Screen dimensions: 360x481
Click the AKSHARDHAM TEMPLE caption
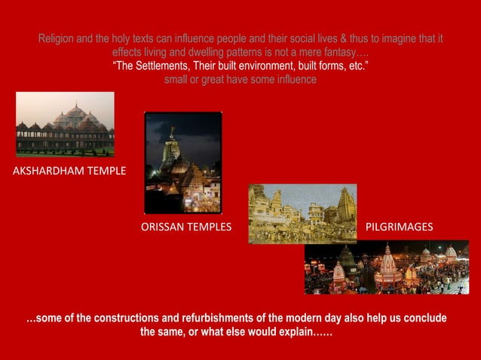(69, 171)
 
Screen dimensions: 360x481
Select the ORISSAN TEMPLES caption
(186, 227)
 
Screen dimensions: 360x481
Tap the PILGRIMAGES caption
(399, 227)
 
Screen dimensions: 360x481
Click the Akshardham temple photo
(65, 124)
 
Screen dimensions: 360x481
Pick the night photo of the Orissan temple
(183, 162)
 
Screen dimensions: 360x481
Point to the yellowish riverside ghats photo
(302, 213)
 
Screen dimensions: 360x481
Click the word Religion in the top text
(57, 38)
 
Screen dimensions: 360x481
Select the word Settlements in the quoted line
(167, 66)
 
